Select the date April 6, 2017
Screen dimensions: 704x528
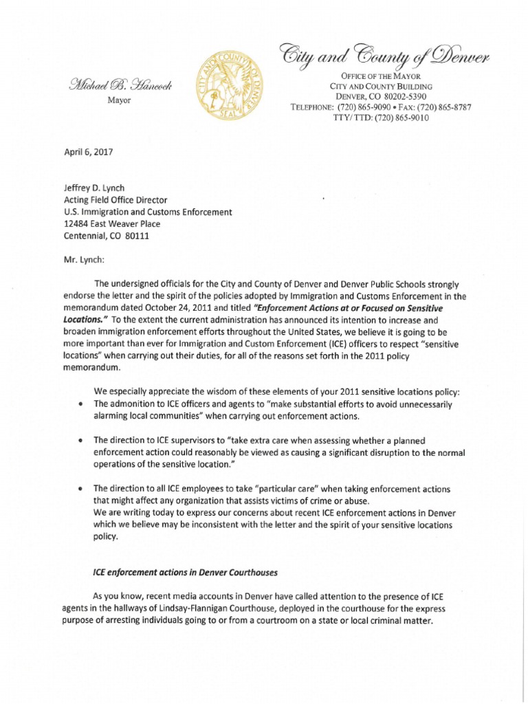[x=87, y=156]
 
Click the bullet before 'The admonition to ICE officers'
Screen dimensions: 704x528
[x=82, y=404]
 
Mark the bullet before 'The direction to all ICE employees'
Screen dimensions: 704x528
[x=82, y=489]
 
